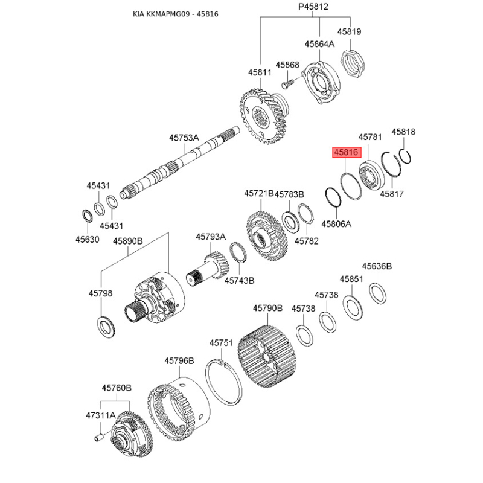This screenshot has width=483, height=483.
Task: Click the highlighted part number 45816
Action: point(347,152)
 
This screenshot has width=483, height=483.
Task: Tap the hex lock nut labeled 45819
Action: point(353,64)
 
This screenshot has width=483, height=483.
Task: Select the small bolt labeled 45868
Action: point(288,83)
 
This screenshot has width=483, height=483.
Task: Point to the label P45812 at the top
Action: point(313,7)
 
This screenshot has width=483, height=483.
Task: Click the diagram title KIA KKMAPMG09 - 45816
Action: point(176,14)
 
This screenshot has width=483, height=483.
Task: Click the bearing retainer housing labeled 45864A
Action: point(321,83)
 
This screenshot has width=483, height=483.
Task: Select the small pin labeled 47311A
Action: point(98,437)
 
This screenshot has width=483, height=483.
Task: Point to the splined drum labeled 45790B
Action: point(266,356)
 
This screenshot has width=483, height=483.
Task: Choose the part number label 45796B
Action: point(179,360)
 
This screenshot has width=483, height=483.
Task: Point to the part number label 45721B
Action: point(259,193)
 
